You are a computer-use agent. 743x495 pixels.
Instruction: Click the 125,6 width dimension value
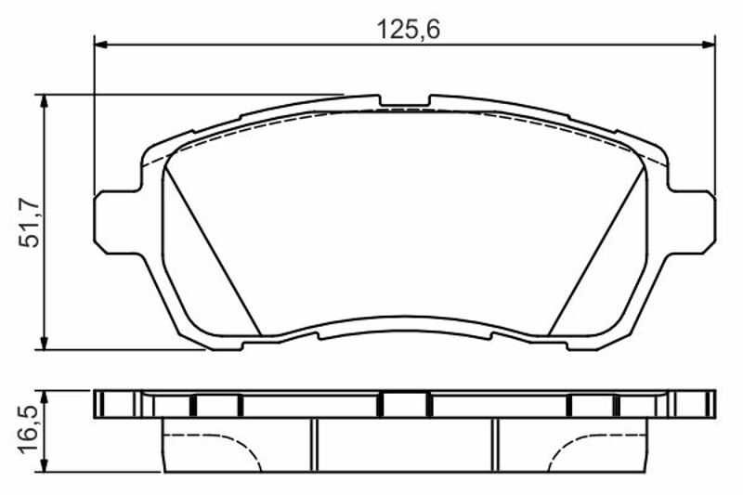click(x=408, y=30)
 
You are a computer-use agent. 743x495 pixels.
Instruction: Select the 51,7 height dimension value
click(x=30, y=223)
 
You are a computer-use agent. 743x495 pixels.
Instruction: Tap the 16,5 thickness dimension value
click(x=30, y=431)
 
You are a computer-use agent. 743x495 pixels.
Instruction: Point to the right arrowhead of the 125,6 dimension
click(x=708, y=45)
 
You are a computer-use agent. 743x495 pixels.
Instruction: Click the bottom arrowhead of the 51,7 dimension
click(x=44, y=343)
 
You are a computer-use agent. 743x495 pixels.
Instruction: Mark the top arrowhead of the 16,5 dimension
click(x=44, y=397)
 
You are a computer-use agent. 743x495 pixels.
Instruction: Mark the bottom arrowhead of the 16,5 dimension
click(x=44, y=464)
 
